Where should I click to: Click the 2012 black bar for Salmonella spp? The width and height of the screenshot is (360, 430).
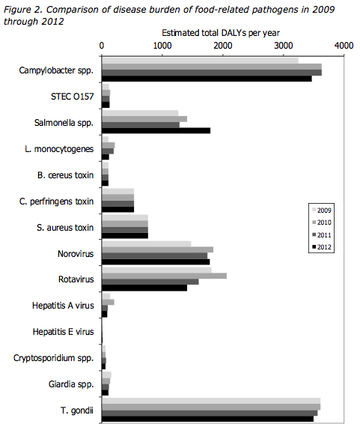(156, 130)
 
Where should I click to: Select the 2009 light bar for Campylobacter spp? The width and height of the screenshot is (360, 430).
(200, 61)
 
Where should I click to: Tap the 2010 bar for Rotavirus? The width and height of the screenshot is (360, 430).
(164, 276)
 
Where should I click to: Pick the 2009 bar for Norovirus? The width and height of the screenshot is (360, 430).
(146, 243)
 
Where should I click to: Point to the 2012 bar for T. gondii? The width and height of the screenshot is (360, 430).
(207, 419)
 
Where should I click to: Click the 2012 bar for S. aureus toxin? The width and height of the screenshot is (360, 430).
(125, 235)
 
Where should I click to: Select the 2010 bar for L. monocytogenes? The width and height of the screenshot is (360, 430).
(109, 145)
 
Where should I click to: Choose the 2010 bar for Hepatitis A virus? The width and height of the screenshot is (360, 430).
(108, 302)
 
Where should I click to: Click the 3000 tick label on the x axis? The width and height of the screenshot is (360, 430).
(284, 46)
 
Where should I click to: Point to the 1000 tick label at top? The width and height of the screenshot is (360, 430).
(162, 46)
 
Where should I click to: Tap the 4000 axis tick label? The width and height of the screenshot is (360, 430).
(344, 46)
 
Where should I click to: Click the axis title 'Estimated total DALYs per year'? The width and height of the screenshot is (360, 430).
(221, 33)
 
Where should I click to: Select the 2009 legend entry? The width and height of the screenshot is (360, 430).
(322, 211)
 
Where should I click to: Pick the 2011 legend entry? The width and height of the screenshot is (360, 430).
(322, 235)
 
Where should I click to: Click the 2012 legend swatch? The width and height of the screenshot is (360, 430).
(314, 247)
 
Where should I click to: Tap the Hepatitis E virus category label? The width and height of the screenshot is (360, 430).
(64, 332)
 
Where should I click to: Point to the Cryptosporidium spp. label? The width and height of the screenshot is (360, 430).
(54, 358)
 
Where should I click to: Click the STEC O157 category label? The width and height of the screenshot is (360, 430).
(73, 97)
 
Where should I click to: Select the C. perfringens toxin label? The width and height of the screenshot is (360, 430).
(56, 202)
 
